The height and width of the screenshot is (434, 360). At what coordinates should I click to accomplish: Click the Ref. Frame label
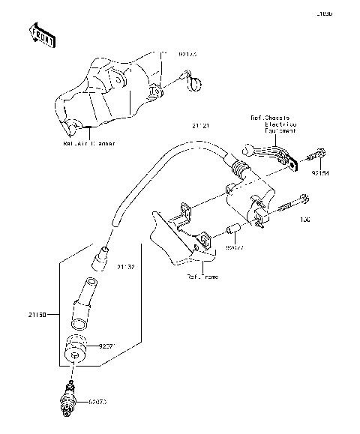pyautogui.click(x=202, y=276)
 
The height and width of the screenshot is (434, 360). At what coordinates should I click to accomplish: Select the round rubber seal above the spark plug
pyautogui.click(x=76, y=349)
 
